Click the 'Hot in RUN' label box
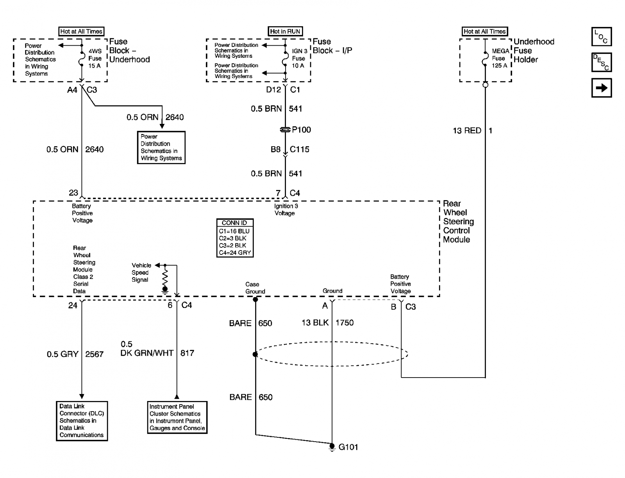285,31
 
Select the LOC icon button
601,37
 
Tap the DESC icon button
601,62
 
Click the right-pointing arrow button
601,88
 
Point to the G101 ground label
348,447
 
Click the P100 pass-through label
301,130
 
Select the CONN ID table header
234,223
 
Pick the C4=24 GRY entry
234,252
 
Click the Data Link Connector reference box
82,421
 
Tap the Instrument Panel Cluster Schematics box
177,417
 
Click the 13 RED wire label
467,131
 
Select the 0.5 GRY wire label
62,354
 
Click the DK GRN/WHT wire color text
146,353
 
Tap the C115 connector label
299,149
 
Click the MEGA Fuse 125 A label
500,58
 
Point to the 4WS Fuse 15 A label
95,58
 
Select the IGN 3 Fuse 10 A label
299,58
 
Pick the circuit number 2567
94,354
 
